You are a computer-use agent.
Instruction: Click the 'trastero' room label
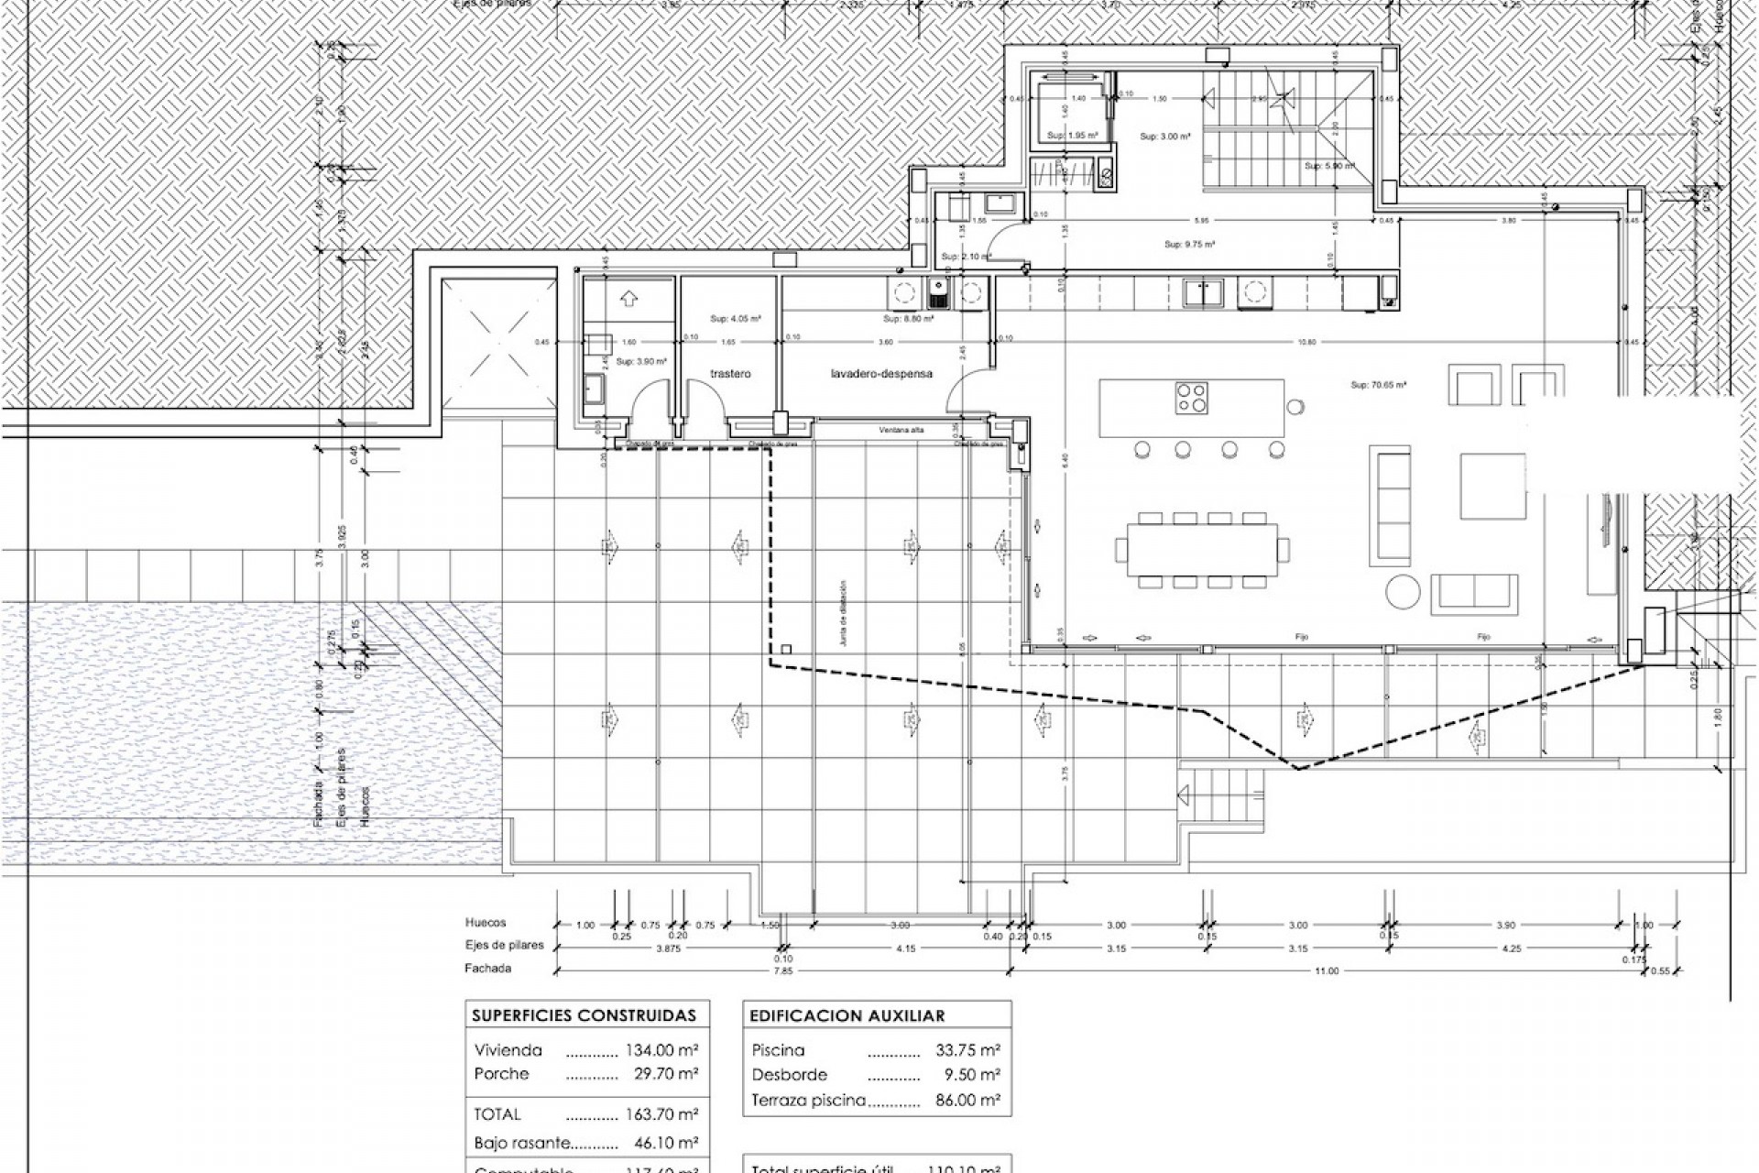[x=731, y=374]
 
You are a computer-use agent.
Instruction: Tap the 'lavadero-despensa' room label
[x=881, y=374]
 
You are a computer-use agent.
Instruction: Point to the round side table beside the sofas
[x=1402, y=592]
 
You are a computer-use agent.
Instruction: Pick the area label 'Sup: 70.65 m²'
[x=1378, y=386]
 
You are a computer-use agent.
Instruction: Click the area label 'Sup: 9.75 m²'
[x=1189, y=245]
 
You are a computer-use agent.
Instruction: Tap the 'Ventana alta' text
[x=901, y=430]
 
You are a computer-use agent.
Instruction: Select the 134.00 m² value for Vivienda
[x=661, y=1050]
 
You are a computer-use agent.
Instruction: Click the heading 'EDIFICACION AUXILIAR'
[x=847, y=1015]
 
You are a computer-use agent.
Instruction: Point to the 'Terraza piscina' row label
[x=808, y=1100]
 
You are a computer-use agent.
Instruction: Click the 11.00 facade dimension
[x=1326, y=971]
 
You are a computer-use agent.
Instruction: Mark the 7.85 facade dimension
[x=781, y=971]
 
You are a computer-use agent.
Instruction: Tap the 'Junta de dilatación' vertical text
[x=843, y=614]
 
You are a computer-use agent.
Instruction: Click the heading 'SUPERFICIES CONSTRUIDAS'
[x=584, y=1015]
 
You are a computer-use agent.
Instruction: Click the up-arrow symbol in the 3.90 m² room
[x=628, y=298]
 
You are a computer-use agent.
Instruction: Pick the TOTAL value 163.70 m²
[x=661, y=1114]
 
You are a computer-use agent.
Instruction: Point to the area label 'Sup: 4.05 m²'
[x=736, y=319]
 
